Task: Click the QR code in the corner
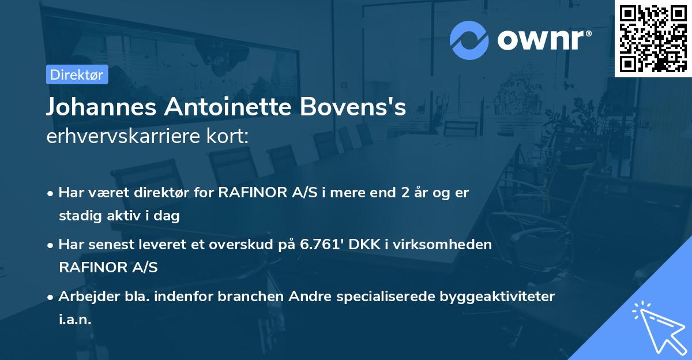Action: pyautogui.click(x=653, y=38)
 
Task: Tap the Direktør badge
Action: pyautogui.click(x=77, y=74)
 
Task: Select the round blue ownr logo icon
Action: pyautogui.click(x=469, y=40)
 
